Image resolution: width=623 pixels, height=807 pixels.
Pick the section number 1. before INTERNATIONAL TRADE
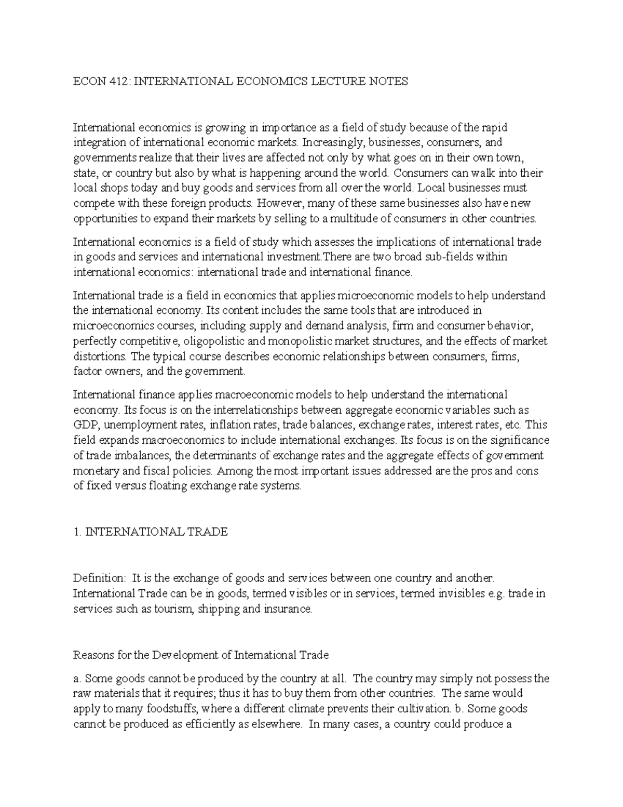point(77,532)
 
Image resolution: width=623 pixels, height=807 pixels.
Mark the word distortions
point(100,356)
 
